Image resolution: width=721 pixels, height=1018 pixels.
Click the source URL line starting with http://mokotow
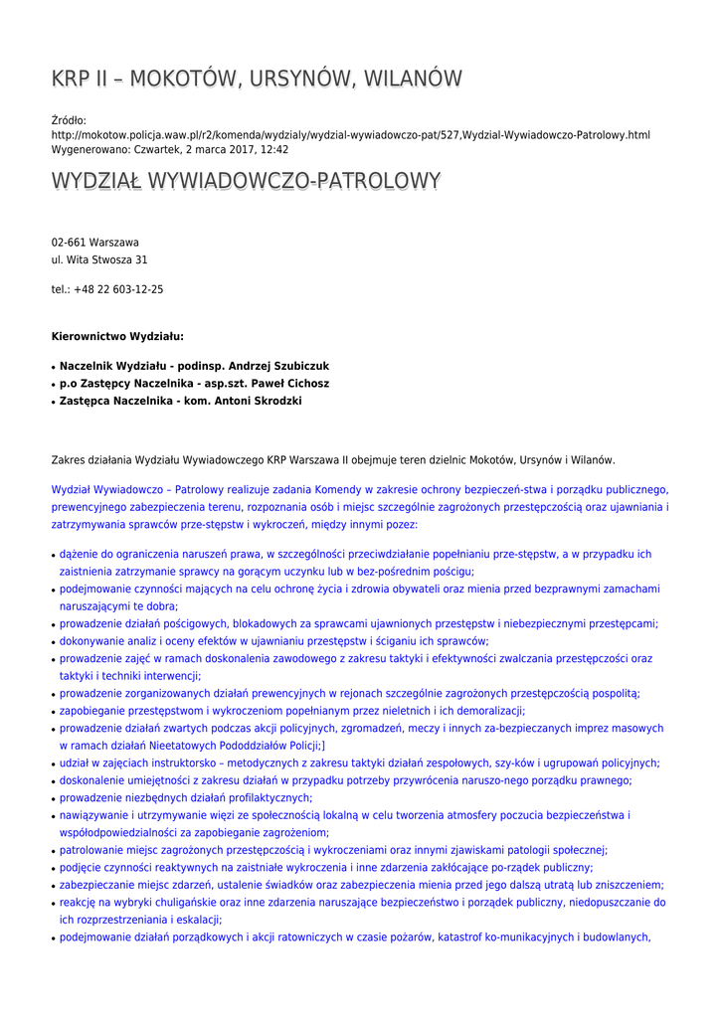350,135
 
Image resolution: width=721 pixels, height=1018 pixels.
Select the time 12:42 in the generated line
273,149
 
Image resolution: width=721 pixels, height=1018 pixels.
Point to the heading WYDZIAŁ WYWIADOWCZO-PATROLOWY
246,182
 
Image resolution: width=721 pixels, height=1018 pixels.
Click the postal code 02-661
69,243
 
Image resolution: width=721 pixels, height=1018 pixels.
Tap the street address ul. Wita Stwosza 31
99,259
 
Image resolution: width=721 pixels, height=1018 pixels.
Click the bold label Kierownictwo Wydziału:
117,337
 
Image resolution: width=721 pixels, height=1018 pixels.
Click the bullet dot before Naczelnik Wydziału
54,367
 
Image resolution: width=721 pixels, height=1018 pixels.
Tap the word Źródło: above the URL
69,120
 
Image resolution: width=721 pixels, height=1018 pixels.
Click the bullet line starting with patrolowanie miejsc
333,850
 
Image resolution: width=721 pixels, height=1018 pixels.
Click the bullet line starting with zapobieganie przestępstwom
292,711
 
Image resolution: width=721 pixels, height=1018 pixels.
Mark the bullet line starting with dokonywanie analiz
273,641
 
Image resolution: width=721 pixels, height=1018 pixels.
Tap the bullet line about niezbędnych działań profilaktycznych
186,797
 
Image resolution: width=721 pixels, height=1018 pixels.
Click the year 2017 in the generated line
235,149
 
